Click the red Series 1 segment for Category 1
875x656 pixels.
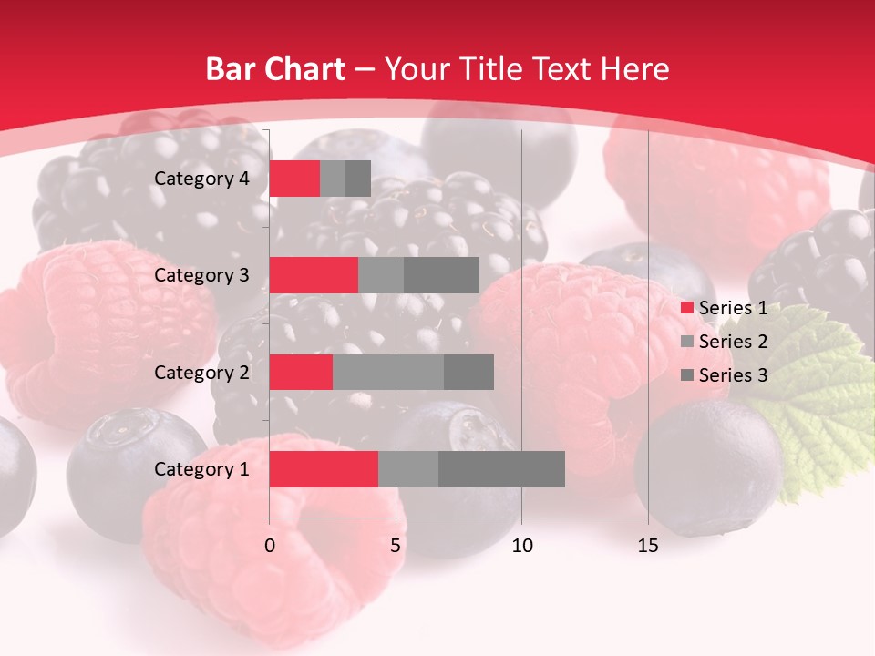(324, 469)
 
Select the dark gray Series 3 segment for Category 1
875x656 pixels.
(501, 469)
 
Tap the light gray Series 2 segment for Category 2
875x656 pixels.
(388, 372)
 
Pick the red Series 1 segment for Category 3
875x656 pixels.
(314, 275)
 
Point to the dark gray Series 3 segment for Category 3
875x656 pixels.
(441, 275)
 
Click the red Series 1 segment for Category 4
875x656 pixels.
(294, 179)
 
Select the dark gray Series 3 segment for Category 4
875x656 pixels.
(358, 179)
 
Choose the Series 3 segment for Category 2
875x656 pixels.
(468, 372)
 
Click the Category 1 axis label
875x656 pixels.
(201, 469)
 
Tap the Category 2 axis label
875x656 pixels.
(201, 372)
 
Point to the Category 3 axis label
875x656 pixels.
(201, 275)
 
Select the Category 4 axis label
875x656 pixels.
(201, 179)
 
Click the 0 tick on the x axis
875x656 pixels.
(270, 546)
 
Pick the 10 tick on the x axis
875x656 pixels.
(521, 546)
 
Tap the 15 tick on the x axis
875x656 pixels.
(648, 546)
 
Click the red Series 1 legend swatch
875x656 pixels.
(686, 308)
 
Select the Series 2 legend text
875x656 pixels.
(733, 342)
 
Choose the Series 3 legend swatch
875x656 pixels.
(686, 375)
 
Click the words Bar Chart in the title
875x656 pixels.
(275, 68)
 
